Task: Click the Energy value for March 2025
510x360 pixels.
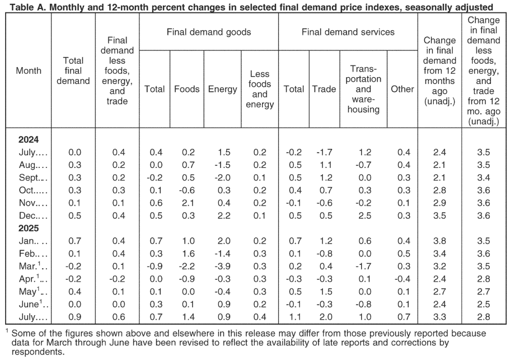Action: point(222,266)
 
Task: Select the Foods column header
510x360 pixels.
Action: point(186,89)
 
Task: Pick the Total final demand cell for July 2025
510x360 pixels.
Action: point(75,317)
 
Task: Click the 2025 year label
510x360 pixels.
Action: point(29,228)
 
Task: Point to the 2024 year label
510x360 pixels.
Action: point(29,139)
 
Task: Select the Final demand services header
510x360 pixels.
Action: point(348,32)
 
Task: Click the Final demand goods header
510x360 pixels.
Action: point(209,32)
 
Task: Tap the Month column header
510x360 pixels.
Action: point(29,71)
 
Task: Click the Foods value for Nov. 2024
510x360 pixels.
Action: point(188,203)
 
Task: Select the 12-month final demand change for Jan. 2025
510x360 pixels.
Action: point(439,241)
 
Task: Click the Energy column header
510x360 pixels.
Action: point(222,89)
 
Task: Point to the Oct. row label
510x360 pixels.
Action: point(33,190)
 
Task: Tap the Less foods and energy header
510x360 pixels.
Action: point(260,89)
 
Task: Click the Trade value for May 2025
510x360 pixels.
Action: point(326,291)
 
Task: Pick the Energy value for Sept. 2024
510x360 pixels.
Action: point(222,177)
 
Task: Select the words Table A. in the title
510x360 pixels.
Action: point(27,7)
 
